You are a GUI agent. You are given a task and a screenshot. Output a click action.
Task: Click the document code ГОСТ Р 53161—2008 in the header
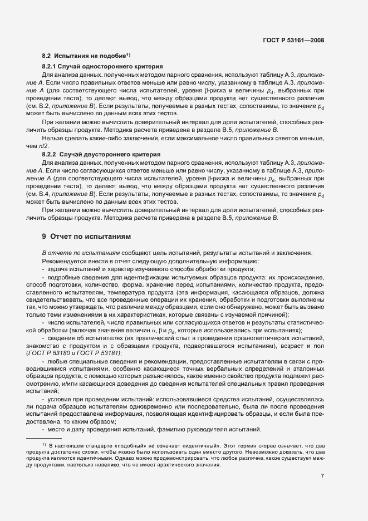click(x=293, y=41)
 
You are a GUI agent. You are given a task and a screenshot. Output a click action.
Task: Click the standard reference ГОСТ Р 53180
click(x=58, y=353)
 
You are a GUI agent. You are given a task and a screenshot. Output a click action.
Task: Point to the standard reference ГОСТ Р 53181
click(x=103, y=353)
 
